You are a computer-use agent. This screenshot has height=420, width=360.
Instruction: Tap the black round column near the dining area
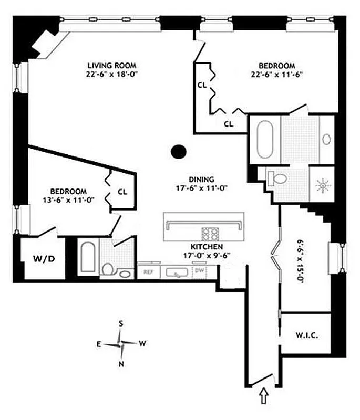coord(179,152)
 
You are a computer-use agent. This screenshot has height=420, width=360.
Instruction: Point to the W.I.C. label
coord(305,334)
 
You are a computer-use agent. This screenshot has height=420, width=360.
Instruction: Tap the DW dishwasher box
coord(200,271)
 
